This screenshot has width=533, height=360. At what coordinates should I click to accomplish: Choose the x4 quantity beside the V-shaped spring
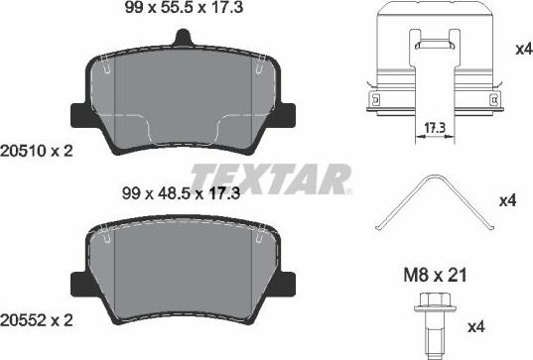(x=507, y=201)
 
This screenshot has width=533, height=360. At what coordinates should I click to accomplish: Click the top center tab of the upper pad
(x=181, y=38)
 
